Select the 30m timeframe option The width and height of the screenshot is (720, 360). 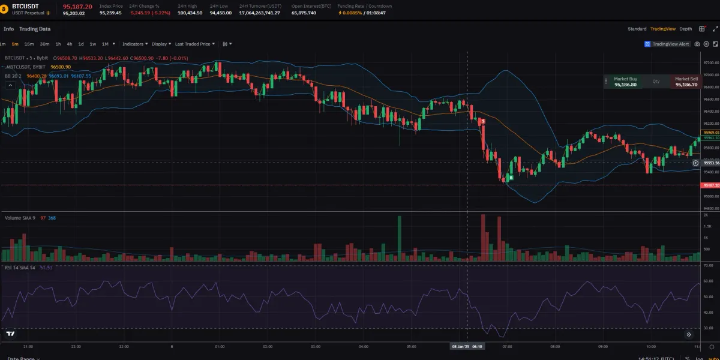tap(45, 44)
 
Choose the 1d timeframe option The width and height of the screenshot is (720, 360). tap(81, 44)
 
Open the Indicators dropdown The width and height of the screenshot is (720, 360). tap(134, 44)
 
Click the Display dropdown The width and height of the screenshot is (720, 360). tap(161, 44)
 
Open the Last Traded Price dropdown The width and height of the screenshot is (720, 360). tap(199, 44)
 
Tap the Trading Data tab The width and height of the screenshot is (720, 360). tap(35, 29)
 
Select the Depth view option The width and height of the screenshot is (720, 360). tap(686, 29)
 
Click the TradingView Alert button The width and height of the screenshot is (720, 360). tap(667, 44)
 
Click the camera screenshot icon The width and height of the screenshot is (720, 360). tap(697, 44)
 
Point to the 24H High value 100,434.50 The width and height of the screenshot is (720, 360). tap(190, 12)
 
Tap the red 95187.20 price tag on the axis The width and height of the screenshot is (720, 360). tap(711, 185)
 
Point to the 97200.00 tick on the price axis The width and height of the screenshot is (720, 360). tap(711, 62)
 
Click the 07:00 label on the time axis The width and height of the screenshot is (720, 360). tap(508, 346)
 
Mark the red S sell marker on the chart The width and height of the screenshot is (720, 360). tap(483, 121)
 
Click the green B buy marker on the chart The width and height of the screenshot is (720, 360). tap(511, 177)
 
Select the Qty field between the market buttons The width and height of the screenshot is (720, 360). tap(656, 82)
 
